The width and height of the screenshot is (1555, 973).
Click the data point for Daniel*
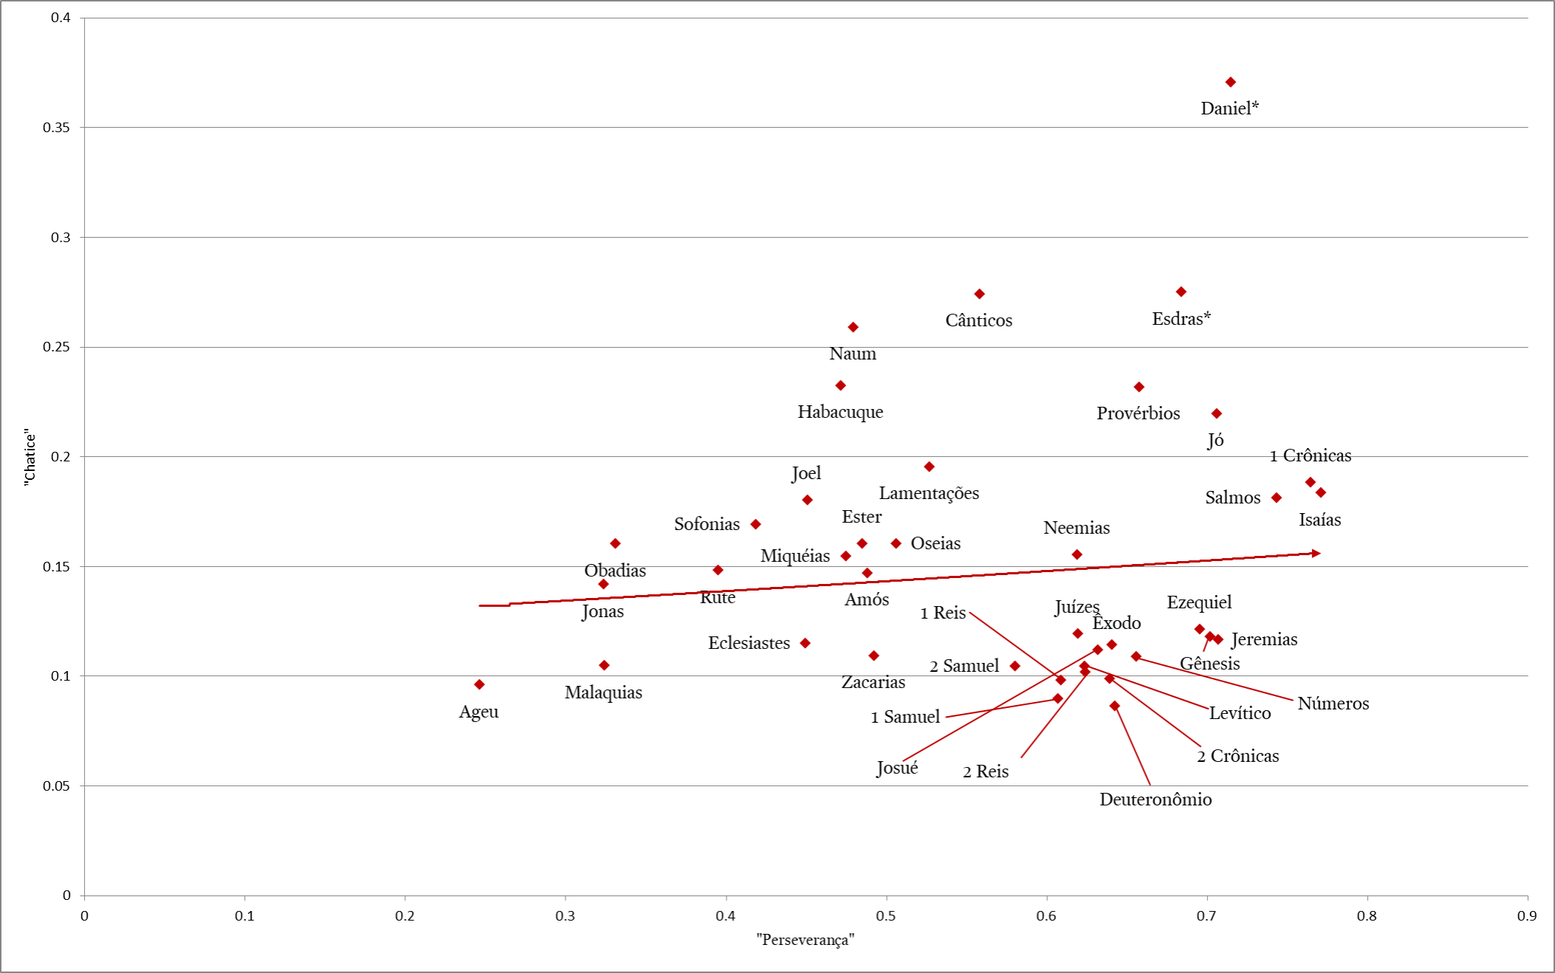1230,82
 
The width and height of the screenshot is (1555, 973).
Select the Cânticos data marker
979,294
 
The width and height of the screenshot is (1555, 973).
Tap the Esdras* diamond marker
1181,292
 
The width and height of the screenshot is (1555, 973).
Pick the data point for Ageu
479,684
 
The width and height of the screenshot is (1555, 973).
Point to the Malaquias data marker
604,665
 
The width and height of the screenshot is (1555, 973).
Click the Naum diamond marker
853,327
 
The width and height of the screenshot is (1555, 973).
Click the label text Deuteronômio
1155,800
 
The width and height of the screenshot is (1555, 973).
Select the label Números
1333,704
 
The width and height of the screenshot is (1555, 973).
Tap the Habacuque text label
840,412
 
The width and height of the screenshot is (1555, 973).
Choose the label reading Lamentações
928,493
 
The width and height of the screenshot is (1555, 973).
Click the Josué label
896,768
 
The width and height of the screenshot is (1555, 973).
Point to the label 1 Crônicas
1310,455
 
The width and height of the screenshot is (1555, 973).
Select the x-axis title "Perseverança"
805,940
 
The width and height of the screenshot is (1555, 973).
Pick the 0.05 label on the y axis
56,786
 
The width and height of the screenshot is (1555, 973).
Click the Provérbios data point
1139,387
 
